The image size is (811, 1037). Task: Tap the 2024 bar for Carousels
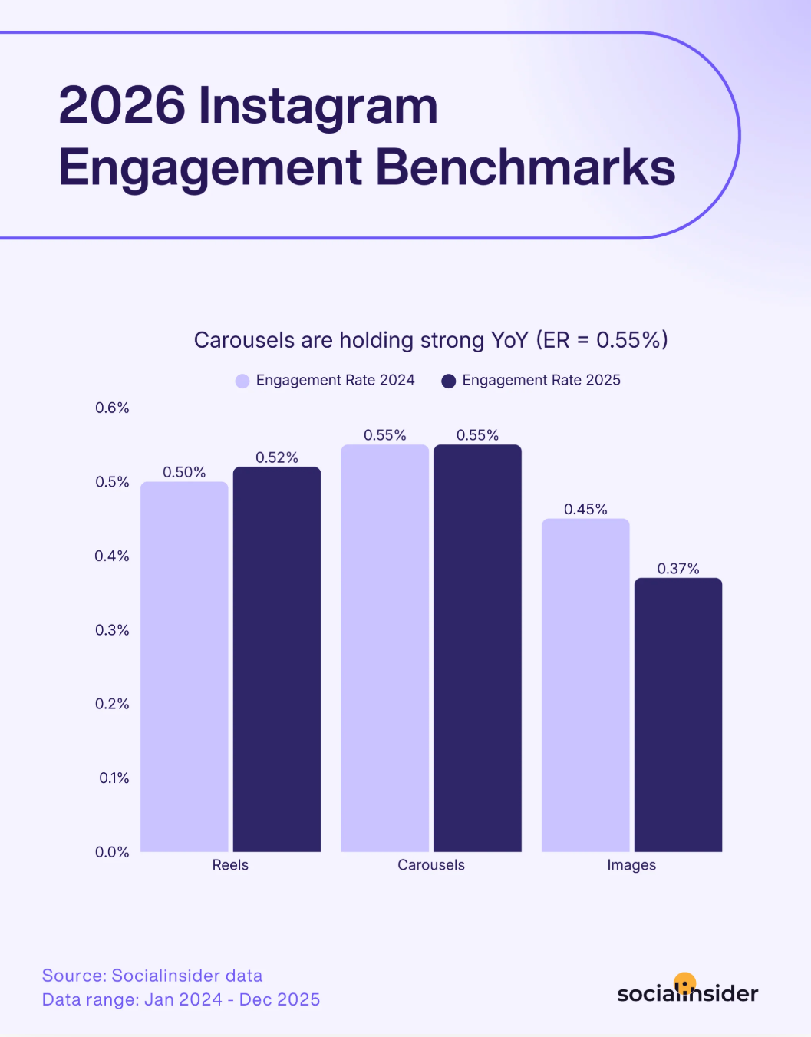[x=384, y=648]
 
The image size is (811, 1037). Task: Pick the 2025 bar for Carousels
[x=477, y=648]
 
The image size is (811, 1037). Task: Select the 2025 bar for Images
[x=678, y=715]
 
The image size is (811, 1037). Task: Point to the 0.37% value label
[x=678, y=569]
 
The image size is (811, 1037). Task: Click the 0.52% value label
[x=277, y=457]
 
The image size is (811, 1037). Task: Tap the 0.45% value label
[x=585, y=510]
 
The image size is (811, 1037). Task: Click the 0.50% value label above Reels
[x=184, y=472]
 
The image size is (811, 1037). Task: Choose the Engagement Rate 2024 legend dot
[x=242, y=381]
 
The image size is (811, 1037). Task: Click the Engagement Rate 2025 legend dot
[x=449, y=381]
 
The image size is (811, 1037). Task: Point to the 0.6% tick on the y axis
[x=112, y=408]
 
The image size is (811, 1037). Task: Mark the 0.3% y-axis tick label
[x=112, y=630]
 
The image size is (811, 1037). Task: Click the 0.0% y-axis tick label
[x=112, y=852]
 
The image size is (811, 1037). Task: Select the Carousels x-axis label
[x=431, y=865]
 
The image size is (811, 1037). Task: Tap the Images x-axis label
[x=631, y=865]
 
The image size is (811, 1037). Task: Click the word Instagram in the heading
[x=318, y=106]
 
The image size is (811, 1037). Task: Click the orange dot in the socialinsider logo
[x=684, y=983]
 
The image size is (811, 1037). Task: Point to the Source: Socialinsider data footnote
[x=152, y=976]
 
